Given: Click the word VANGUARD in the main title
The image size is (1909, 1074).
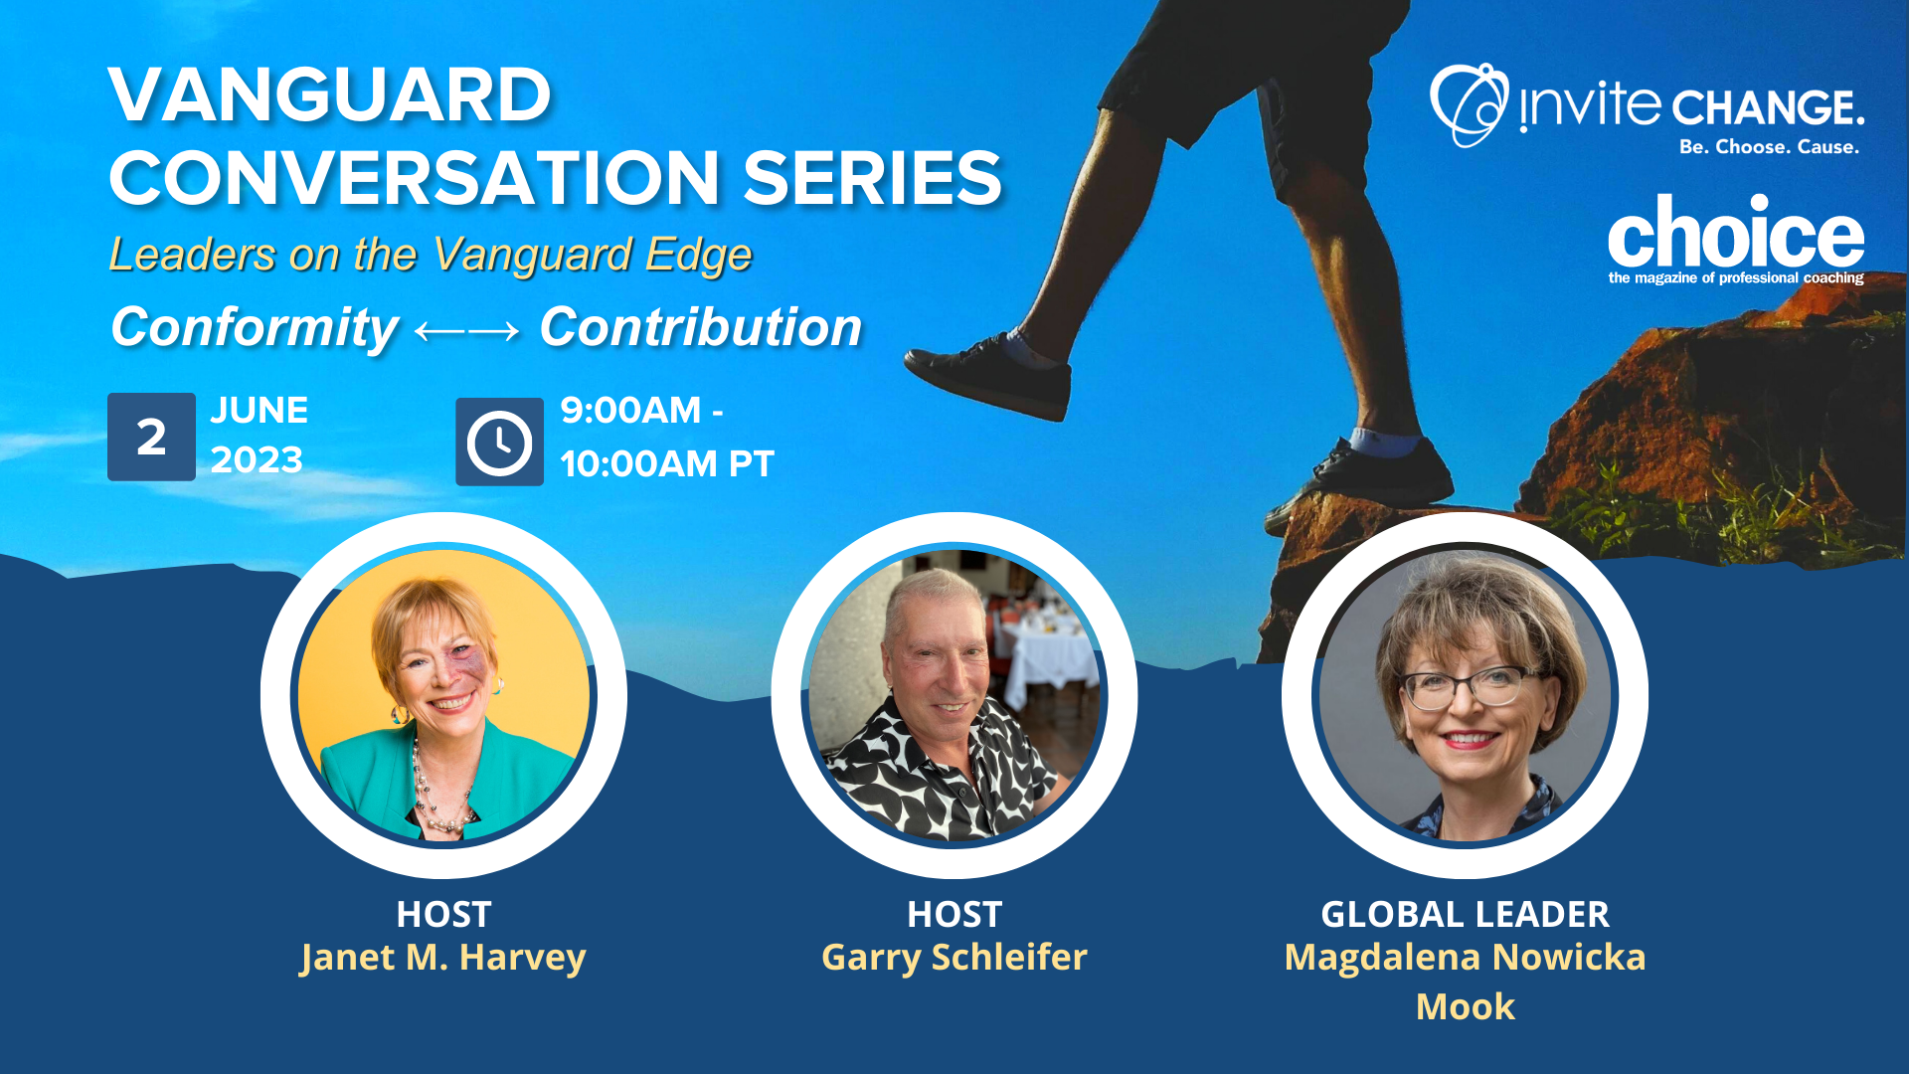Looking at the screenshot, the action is tap(330, 95).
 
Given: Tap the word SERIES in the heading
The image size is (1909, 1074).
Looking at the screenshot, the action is tap(872, 179).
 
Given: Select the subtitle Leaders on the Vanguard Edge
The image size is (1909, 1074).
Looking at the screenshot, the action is tap(430, 256).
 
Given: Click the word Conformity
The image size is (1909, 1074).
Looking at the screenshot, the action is tap(255, 328).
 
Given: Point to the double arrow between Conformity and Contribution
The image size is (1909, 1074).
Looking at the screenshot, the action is tap(467, 330).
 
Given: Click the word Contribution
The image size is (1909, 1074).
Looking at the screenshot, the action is tap(701, 327).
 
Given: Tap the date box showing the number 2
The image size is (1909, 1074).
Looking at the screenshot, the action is tap(151, 437).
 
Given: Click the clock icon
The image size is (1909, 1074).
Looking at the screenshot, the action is tap(499, 442).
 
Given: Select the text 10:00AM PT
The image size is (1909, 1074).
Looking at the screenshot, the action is tap(667, 464).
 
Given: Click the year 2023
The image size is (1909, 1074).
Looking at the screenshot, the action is tap(257, 460).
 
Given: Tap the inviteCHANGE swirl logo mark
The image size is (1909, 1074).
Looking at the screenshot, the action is tap(1469, 104).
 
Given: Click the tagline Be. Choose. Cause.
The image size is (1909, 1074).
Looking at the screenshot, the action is tap(1769, 147).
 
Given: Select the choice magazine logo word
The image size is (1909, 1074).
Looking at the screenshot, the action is tap(1736, 231).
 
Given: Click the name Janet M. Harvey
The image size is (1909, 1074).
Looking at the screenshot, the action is tap(443, 957).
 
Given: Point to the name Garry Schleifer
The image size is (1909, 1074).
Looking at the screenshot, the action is tap(954, 957).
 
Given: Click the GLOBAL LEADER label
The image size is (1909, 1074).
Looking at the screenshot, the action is tap(1465, 914).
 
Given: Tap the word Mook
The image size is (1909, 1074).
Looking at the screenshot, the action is tap(1466, 1006).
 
